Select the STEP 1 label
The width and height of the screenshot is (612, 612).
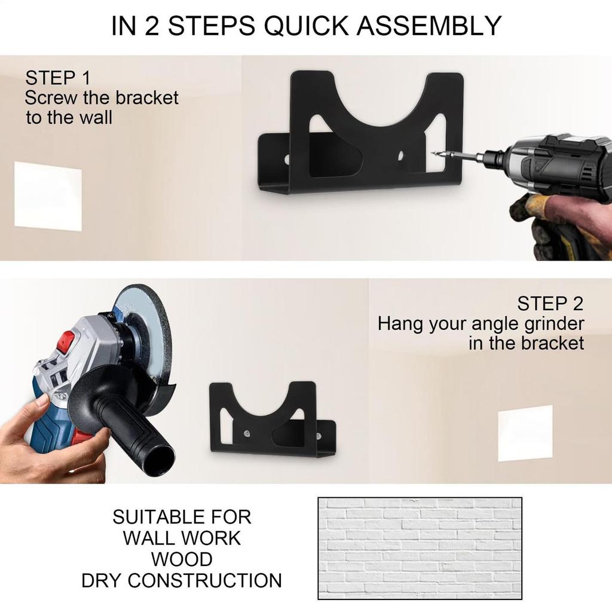[58, 78]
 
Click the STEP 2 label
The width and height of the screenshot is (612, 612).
[550, 304]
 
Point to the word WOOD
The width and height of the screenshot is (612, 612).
[181, 559]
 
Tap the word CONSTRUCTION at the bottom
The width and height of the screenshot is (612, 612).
[204, 580]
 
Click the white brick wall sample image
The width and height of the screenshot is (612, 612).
[420, 547]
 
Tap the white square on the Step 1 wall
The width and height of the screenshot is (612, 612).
[48, 195]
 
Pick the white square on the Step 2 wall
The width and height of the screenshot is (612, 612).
[525, 433]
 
